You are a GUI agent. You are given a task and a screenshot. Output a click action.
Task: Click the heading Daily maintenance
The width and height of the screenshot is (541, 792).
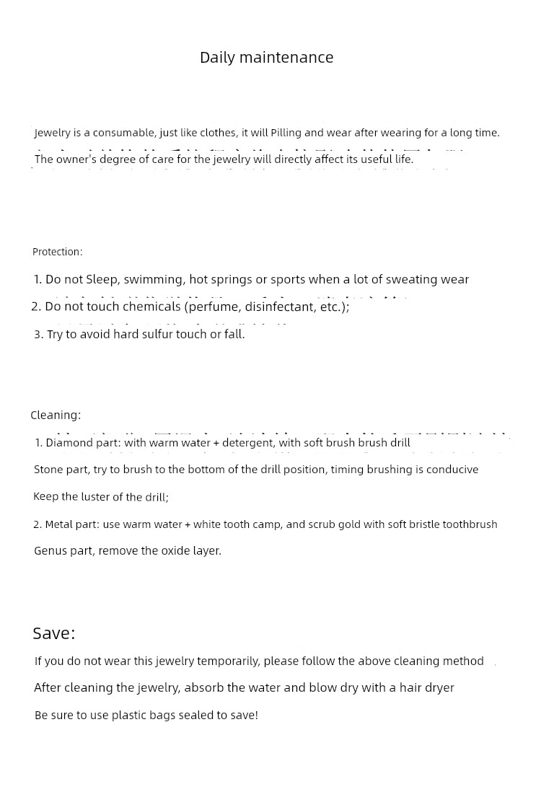[x=266, y=58]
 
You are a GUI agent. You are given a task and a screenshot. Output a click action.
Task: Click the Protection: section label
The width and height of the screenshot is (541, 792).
[x=58, y=252]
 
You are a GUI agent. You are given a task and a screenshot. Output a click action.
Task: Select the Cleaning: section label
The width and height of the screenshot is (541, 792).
[x=56, y=415]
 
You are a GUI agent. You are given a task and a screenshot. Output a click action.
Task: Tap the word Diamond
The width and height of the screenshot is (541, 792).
[x=70, y=443]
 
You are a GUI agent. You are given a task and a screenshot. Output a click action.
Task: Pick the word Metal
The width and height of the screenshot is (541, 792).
[x=59, y=524]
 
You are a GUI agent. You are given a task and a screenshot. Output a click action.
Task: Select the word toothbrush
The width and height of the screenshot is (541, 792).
[x=470, y=524]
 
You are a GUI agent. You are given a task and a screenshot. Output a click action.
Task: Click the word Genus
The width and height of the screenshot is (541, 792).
[x=49, y=551]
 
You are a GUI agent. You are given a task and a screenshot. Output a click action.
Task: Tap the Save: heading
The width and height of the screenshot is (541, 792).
[x=54, y=633]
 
